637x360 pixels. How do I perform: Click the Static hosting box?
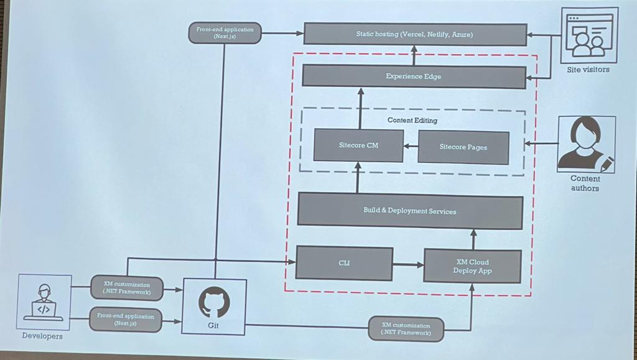(415, 34)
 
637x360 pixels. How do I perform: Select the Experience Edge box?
(414, 77)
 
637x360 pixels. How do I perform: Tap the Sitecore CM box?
(358, 145)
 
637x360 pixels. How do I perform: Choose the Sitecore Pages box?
(463, 147)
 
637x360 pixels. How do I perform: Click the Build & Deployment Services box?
(409, 211)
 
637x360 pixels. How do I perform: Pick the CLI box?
(344, 263)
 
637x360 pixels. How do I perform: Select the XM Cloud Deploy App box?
(472, 266)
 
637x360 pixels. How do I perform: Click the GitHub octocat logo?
(214, 303)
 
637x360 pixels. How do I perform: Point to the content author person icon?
(585, 144)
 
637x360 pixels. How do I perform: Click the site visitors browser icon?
(588, 35)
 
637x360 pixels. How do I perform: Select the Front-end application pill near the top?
(225, 33)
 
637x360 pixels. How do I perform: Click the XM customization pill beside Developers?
(127, 288)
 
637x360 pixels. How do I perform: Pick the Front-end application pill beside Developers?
(126, 320)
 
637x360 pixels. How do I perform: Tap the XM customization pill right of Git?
(406, 329)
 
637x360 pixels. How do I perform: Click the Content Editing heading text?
(412, 120)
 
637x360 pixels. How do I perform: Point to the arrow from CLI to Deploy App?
(407, 264)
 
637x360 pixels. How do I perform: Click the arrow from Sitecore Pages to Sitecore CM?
(411, 147)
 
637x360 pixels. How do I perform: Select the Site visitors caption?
(588, 70)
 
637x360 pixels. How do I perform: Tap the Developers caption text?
(42, 336)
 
